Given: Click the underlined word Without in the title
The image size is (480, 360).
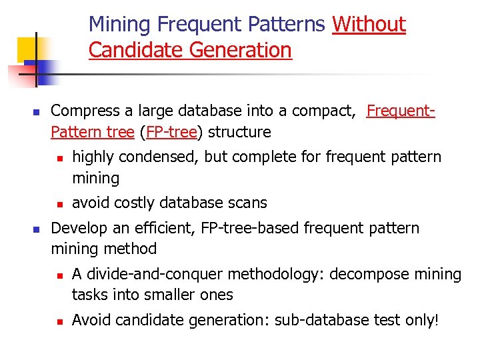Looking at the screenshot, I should click(x=369, y=25).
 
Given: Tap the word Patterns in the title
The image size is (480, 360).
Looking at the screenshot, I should click(x=286, y=25).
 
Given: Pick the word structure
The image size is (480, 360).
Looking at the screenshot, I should click(x=239, y=132).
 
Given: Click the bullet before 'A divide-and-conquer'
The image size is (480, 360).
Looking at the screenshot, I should click(x=59, y=275).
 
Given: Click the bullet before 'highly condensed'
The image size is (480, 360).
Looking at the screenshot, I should click(x=59, y=157).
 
